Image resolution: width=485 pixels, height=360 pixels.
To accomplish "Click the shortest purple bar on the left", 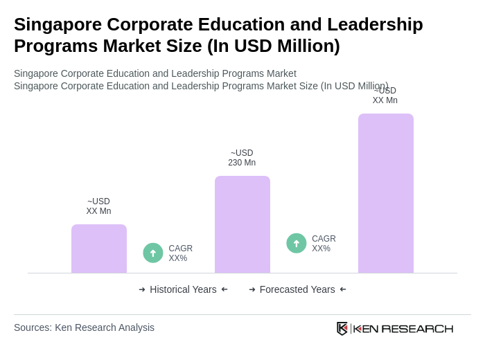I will [99, 249].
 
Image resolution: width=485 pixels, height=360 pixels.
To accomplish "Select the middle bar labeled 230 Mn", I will [242, 224].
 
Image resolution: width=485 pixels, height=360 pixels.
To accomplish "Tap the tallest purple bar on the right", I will [386, 193].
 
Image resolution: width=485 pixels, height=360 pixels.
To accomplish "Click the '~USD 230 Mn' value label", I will [242, 158].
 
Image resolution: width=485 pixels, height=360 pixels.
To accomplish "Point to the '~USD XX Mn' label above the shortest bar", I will [98, 206].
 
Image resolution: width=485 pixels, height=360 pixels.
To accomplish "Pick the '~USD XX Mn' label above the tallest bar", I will [385, 96].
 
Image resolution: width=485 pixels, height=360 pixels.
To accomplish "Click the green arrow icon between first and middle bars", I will [153, 253].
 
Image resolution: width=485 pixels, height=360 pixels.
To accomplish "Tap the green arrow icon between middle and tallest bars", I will [297, 243].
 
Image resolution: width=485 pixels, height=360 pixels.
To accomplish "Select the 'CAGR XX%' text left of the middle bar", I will [180, 253].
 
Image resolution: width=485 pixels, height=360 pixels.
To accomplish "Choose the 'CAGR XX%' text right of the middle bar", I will [324, 244].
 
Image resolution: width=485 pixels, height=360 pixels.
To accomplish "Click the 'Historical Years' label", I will [183, 289].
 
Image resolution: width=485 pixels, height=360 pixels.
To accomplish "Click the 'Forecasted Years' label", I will [297, 289].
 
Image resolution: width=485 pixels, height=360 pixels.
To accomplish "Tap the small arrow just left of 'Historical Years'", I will [142, 289].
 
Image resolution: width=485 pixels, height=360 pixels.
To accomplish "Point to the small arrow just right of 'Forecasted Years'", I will [343, 289].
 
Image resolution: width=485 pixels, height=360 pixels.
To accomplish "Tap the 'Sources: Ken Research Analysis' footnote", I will [84, 327].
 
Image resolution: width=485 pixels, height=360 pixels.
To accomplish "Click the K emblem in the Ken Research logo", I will [342, 328].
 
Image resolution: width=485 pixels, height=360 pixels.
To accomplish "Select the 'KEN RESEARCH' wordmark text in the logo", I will [403, 328].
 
